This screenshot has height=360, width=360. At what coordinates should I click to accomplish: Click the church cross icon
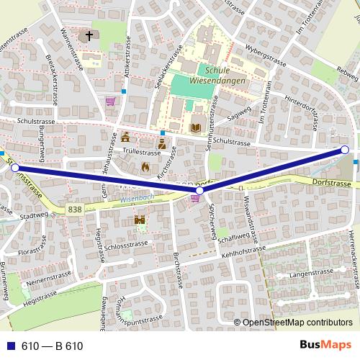click(91, 35)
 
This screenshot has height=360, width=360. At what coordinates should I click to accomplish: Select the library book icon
click(194, 128)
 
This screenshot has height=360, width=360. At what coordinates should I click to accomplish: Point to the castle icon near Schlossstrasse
click(140, 221)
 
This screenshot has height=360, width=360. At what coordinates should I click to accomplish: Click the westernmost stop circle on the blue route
click(15, 168)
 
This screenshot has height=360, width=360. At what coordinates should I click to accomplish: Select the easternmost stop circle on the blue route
click(344, 150)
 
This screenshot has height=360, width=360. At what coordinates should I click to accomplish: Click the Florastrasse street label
click(37, 253)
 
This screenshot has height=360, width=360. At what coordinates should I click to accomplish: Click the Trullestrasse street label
click(141, 153)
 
